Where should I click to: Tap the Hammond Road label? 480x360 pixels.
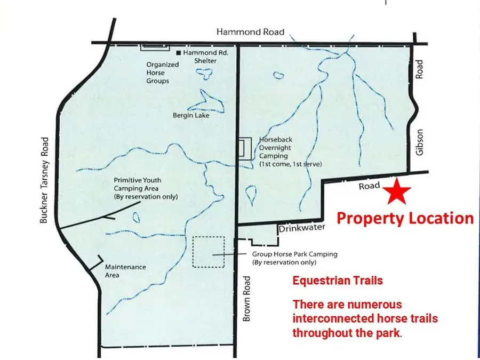click(250, 32)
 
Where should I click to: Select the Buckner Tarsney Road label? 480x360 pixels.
click(44, 179)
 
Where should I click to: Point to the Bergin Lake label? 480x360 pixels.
click(191, 115)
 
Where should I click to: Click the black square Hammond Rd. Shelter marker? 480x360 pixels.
click(179, 53)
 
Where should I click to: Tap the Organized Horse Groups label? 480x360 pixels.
click(158, 73)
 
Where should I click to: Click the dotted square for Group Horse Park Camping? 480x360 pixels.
click(209, 252)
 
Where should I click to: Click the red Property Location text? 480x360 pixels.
click(405, 218)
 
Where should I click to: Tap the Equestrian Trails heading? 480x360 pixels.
click(338, 280)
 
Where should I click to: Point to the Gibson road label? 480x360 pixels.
click(419, 142)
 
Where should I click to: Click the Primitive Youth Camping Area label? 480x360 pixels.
click(146, 188)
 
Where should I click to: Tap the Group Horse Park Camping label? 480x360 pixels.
click(294, 258)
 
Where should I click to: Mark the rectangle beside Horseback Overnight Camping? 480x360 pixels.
click(245, 149)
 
